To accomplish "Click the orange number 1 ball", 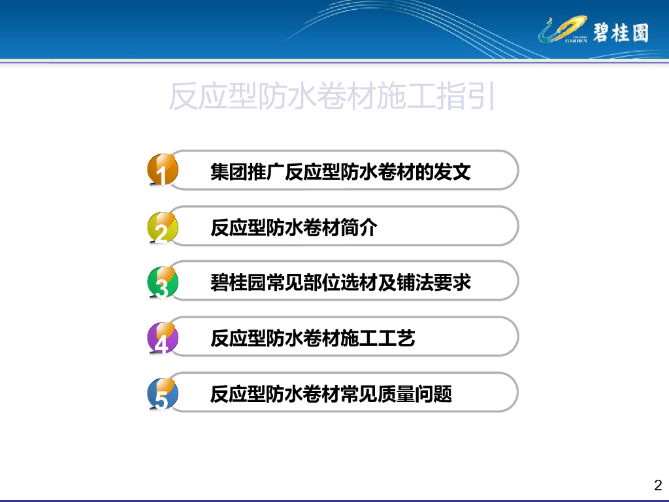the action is point(163,170).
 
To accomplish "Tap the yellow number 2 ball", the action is point(163,227).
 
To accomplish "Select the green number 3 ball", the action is point(163,282).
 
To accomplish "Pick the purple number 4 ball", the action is point(163,338).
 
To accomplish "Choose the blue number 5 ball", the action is point(163,393).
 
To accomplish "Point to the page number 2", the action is point(658,485).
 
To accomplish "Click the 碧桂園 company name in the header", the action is point(621,33).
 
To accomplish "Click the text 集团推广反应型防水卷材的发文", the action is point(340,172).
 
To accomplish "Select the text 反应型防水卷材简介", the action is point(294,227).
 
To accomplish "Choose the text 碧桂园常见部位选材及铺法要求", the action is point(340,282).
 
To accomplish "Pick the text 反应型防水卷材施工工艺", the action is point(313,338).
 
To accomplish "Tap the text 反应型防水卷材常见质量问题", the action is point(331,393).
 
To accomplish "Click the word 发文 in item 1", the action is point(452,172).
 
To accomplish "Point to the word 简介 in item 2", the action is point(359,227).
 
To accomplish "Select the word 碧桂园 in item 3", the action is point(238,282).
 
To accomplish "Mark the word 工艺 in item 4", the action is point(397,338).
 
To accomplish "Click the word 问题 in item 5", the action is point(434,393).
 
